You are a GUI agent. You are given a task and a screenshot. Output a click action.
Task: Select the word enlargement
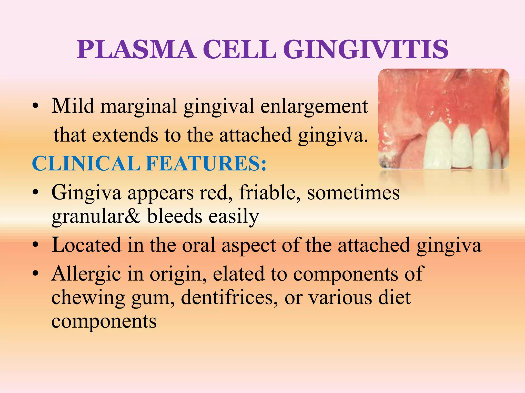[314, 106]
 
